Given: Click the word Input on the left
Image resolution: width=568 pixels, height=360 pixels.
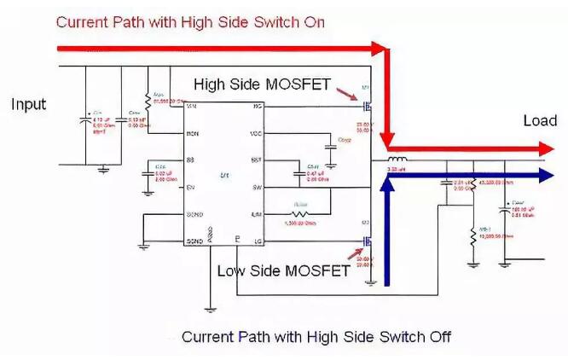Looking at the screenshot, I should (28, 105).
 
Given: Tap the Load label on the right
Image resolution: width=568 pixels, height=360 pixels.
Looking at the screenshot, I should (539, 122).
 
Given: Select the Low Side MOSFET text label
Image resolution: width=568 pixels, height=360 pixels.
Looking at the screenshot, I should (282, 271).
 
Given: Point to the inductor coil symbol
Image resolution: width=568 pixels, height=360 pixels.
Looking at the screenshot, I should (397, 160).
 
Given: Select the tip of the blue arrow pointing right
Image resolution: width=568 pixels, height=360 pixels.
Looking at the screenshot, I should (555, 175).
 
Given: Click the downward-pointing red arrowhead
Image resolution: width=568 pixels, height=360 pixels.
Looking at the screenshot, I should (388, 139).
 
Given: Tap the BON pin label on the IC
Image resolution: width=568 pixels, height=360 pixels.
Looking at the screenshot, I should (193, 134).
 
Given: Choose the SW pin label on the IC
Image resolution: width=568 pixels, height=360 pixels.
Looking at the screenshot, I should (256, 189).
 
